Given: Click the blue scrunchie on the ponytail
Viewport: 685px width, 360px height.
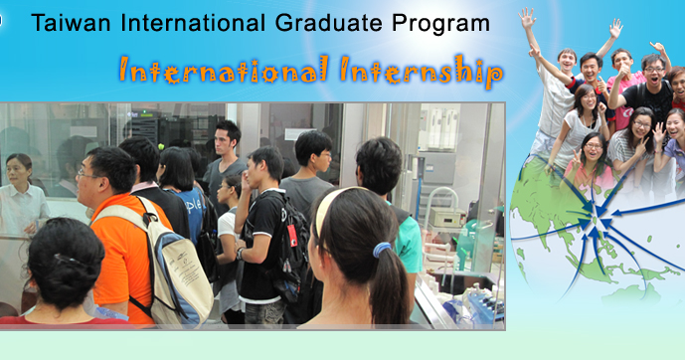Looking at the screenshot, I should point(383,250).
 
